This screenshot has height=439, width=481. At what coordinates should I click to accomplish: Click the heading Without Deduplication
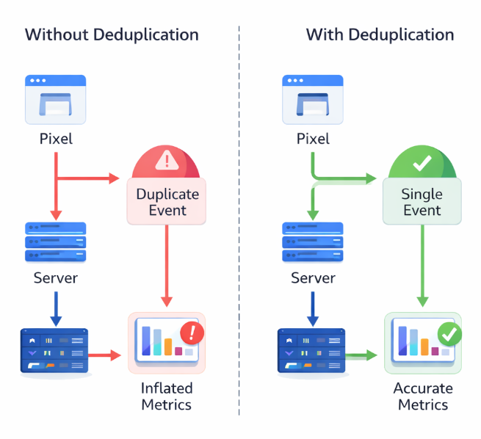click(x=112, y=35)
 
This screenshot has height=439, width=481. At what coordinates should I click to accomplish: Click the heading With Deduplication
click(x=380, y=35)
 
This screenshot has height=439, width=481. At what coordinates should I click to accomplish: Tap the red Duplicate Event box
click(x=167, y=202)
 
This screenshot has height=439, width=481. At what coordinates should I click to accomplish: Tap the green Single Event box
click(x=422, y=202)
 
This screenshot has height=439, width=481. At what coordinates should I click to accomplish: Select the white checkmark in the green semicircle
click(x=422, y=163)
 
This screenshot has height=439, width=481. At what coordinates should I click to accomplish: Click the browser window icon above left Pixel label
click(x=56, y=99)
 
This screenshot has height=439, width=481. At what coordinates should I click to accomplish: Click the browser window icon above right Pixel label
click(x=313, y=99)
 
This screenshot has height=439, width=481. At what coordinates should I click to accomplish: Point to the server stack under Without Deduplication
click(x=56, y=242)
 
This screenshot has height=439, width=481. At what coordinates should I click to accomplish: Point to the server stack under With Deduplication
click(x=313, y=242)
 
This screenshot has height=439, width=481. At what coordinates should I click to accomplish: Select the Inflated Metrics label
click(x=167, y=396)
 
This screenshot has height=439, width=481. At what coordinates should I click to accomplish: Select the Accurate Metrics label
click(x=423, y=396)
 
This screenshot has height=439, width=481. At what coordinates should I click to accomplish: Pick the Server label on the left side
click(x=56, y=278)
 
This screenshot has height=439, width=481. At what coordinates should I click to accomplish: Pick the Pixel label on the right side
click(x=313, y=139)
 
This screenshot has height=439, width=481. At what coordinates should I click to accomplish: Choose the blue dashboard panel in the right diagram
click(x=311, y=352)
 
